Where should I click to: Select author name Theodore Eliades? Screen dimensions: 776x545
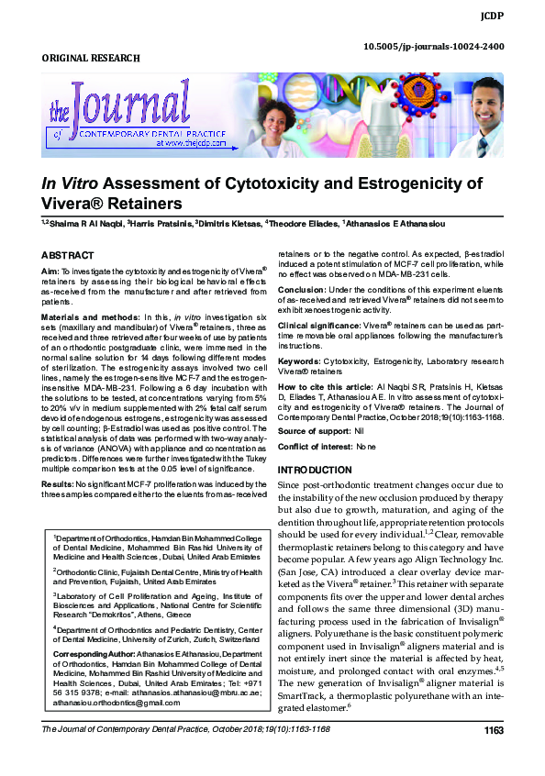pyautogui.click(x=304, y=224)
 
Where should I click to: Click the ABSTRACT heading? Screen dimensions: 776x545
pyautogui.click(x=69, y=254)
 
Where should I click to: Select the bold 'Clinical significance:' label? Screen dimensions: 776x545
pyautogui.click(x=318, y=325)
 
